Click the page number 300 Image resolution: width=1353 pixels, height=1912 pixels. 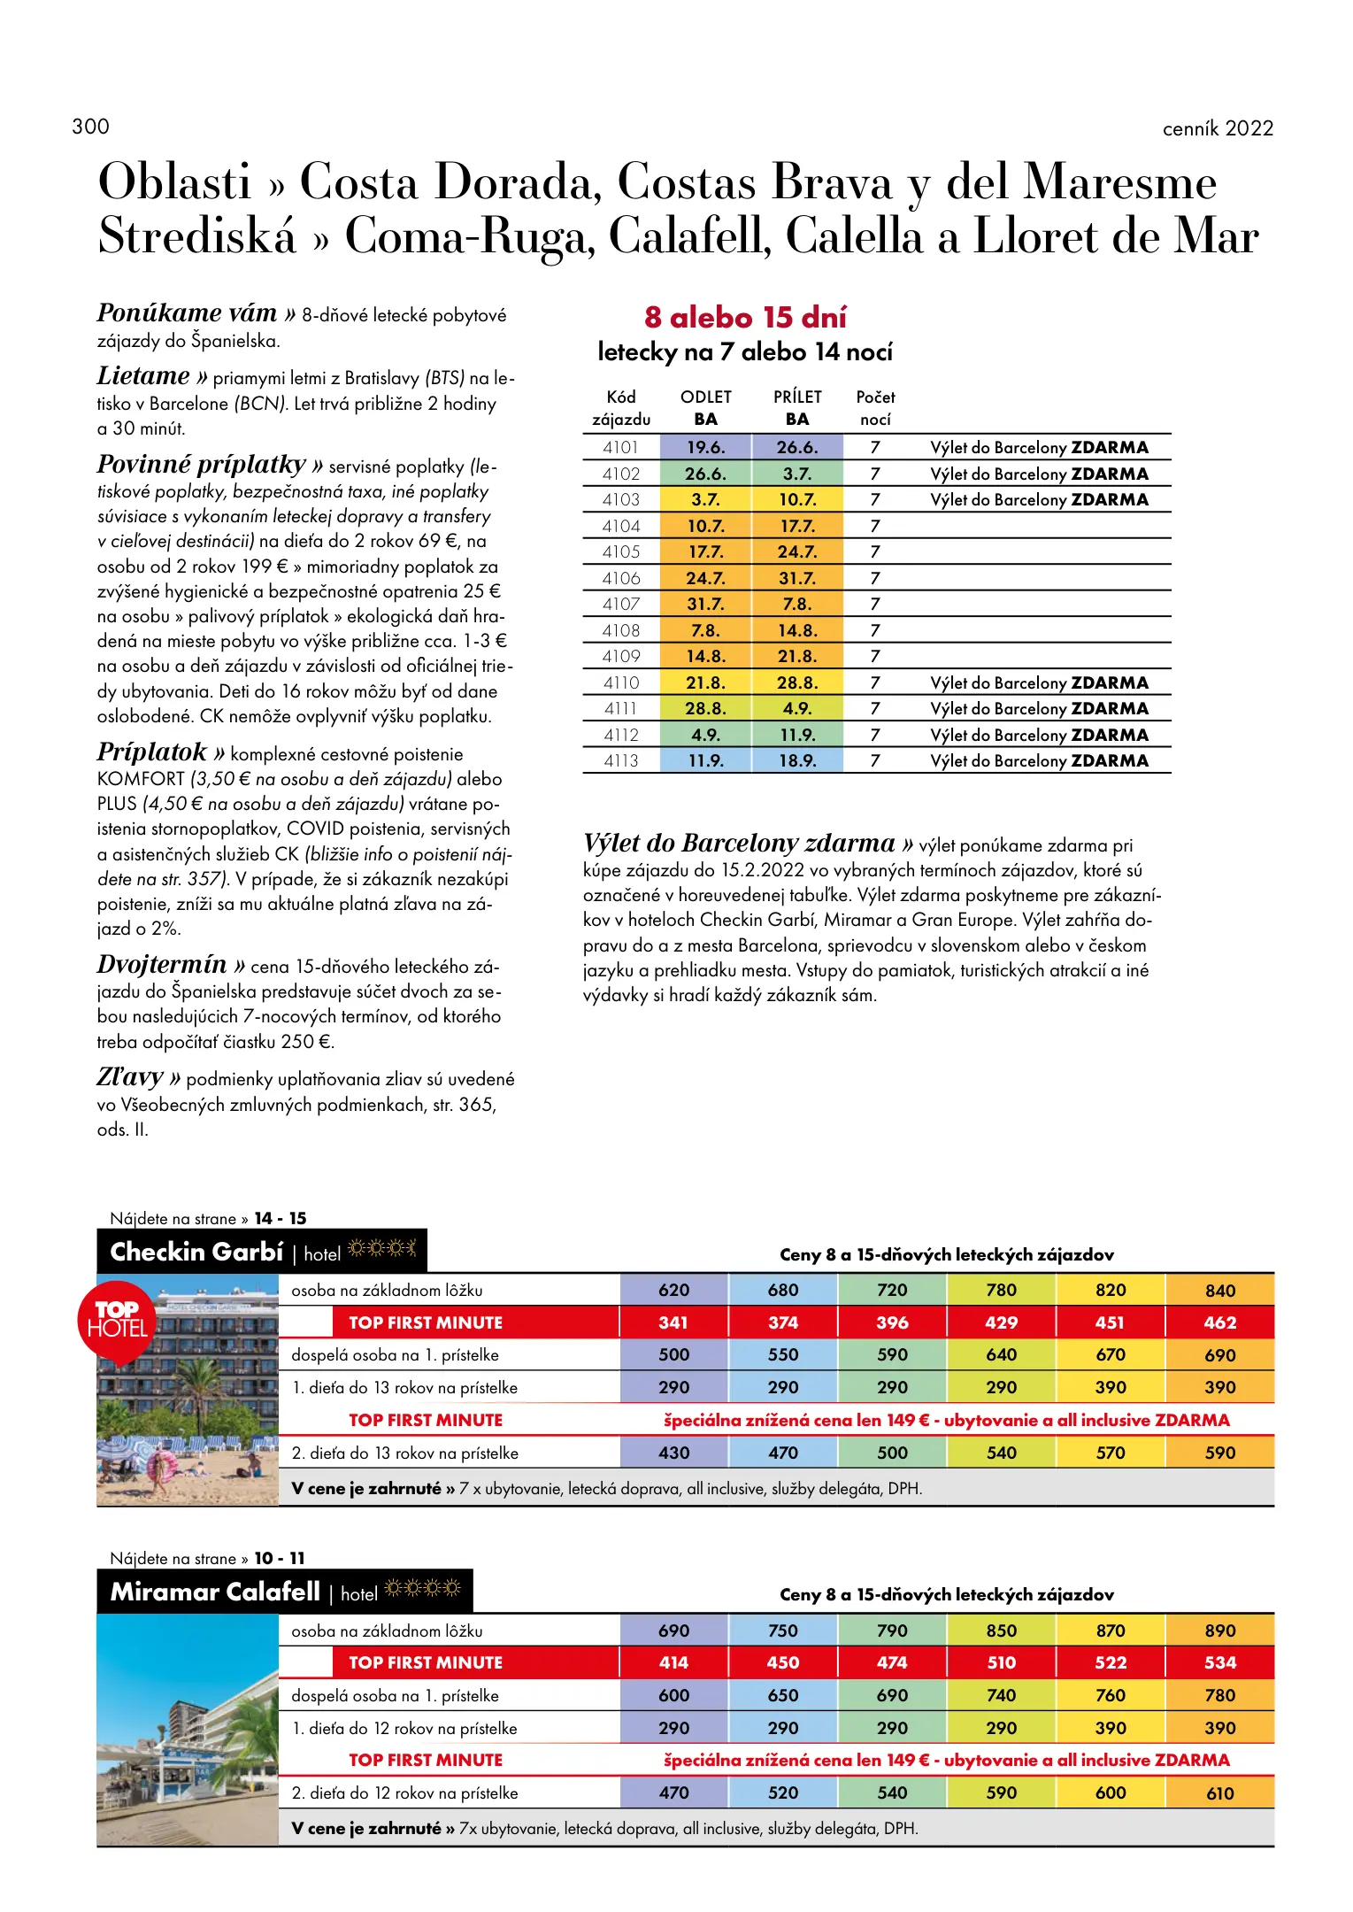pos(91,127)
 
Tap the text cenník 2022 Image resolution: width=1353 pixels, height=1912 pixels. pos(1217,129)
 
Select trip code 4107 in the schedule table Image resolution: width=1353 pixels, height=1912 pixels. pos(621,605)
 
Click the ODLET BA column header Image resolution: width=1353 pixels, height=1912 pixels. pos(705,408)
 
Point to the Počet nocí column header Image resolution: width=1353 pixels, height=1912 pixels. pos(875,408)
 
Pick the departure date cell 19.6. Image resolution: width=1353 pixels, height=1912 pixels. pos(705,448)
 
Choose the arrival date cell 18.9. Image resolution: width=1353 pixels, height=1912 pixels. pos(797,761)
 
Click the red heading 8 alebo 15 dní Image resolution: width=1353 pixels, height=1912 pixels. pos(745,317)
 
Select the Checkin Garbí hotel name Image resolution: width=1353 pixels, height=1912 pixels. pos(196,1253)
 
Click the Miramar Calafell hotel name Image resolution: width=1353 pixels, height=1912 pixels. pos(215,1592)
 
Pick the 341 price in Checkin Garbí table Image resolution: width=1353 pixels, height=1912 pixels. pos(673,1322)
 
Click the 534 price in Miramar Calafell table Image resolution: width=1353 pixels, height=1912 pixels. pos(1219,1663)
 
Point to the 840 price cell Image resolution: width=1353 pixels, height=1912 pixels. pos(1219,1291)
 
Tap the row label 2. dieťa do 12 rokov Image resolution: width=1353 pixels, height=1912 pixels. pos(404,1793)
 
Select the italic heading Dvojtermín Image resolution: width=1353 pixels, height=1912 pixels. pos(162,965)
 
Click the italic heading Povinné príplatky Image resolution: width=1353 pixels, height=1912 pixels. pos(202,465)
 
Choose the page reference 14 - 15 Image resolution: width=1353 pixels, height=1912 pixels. pos(280,1219)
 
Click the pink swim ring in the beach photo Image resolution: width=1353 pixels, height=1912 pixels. pos(162,1469)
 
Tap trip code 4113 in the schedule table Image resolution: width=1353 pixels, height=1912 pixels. pos(621,761)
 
